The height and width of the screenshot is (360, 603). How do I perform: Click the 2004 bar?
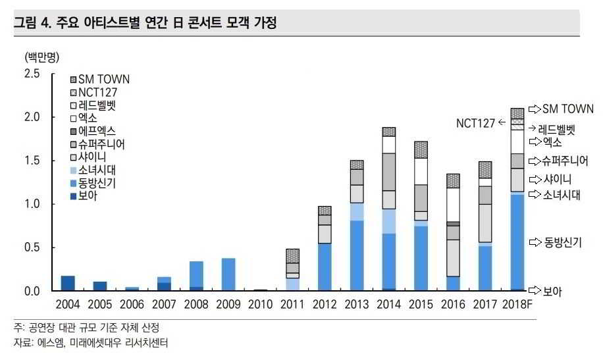tap(67, 283)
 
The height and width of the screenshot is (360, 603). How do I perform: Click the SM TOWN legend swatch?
tap(74, 80)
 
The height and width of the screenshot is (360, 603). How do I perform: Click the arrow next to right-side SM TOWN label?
tap(534, 109)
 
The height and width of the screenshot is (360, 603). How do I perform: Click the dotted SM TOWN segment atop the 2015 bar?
tap(421, 149)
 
